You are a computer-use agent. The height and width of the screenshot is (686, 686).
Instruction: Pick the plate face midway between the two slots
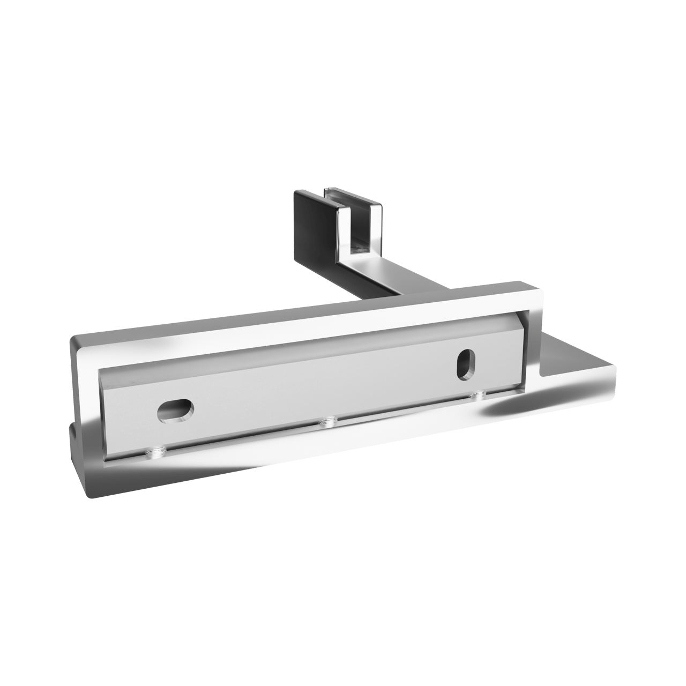322,389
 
